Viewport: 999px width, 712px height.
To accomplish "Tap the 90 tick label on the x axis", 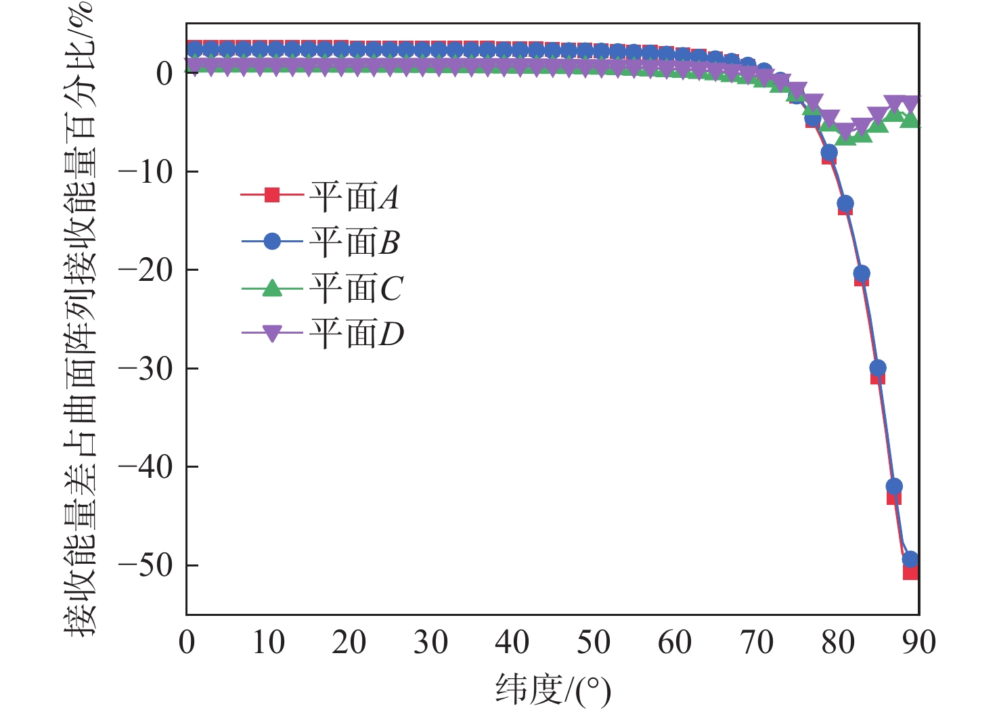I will tap(918, 642).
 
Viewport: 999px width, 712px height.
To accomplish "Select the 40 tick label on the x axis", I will tap(512, 642).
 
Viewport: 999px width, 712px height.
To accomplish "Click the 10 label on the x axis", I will tap(268, 642).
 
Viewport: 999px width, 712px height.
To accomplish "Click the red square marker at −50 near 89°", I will tap(910, 572).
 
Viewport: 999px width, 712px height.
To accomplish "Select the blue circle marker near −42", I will tap(894, 486).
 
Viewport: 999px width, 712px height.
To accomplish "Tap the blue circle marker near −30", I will tap(878, 368).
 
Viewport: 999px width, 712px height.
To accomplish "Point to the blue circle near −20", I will tap(862, 273).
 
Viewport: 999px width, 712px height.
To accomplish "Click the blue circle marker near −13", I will tap(845, 203).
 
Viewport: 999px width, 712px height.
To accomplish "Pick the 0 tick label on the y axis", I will tap(164, 74).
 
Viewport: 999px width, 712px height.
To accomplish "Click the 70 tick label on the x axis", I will tap(756, 642).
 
